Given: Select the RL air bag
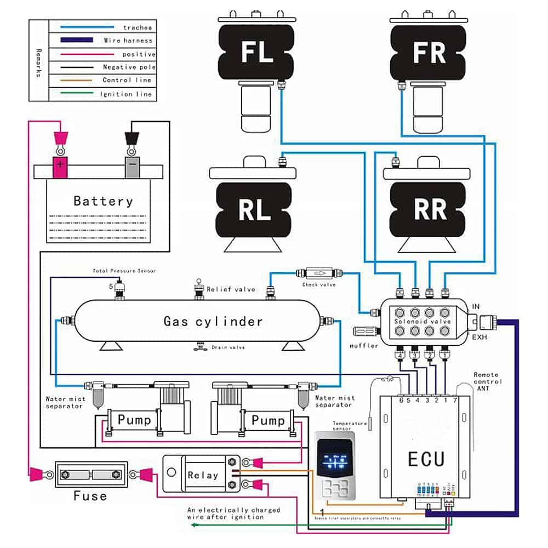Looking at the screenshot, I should (x=255, y=210).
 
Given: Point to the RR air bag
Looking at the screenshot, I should (x=431, y=210).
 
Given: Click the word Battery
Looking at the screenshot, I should (x=103, y=201).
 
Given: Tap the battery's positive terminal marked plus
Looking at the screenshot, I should (x=60, y=164).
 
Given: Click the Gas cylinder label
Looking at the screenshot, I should (x=213, y=321).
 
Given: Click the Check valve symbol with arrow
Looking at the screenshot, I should (x=318, y=272).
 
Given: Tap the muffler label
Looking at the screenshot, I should (x=364, y=346).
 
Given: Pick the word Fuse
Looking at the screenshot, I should (x=90, y=496).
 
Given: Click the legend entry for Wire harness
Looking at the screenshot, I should (x=128, y=40).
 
